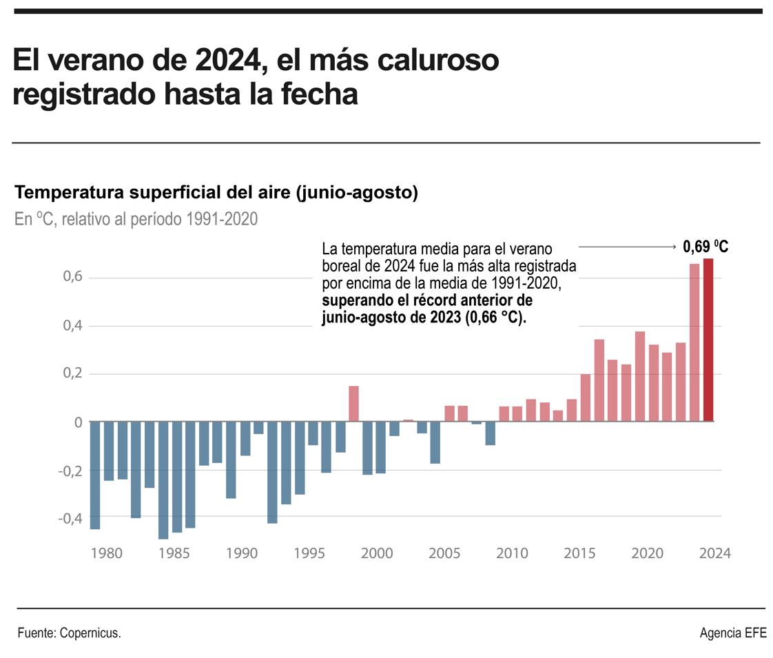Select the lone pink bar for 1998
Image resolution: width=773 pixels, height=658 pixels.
pyautogui.click(x=353, y=404)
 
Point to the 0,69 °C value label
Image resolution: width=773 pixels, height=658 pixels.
pyautogui.click(x=705, y=247)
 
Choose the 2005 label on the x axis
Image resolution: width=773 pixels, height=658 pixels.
pyautogui.click(x=444, y=553)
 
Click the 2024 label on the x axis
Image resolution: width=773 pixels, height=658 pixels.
pyautogui.click(x=713, y=553)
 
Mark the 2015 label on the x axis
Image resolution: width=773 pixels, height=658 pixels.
pyautogui.click(x=580, y=553)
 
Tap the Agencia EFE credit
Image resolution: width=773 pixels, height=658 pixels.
pyautogui.click(x=732, y=633)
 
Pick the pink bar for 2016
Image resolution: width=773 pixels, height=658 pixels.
pyautogui.click(x=599, y=380)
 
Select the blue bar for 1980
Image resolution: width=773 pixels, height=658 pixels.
pyautogui.click(x=95, y=475)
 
